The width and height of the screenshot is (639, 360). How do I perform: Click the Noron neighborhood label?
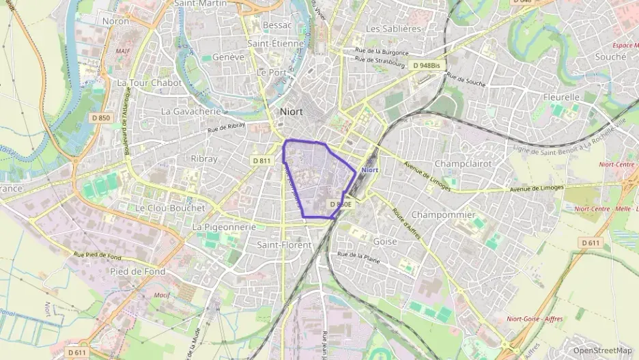click(115, 21)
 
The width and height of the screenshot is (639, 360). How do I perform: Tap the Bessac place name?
click(276, 25)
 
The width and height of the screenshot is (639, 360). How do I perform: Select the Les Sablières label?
click(393, 29)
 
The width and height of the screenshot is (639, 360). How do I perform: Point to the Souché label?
click(610, 57)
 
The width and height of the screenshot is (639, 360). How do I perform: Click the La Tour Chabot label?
click(150, 83)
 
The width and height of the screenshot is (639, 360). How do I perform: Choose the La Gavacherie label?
click(191, 111)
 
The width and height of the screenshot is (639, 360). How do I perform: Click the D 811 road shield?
click(261, 161)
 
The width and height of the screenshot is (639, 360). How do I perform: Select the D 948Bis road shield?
click(427, 66)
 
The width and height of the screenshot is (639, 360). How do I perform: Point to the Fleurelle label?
click(561, 97)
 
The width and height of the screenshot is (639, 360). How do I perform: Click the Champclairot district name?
click(463, 164)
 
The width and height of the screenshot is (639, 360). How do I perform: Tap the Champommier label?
click(443, 214)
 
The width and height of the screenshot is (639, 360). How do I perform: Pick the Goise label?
click(385, 241)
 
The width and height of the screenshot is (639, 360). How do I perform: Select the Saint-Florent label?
click(283, 245)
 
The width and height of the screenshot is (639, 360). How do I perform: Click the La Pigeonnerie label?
click(224, 227)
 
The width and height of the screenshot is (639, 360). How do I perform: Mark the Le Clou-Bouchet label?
click(170, 208)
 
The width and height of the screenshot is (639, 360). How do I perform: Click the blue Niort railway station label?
click(369, 169)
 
